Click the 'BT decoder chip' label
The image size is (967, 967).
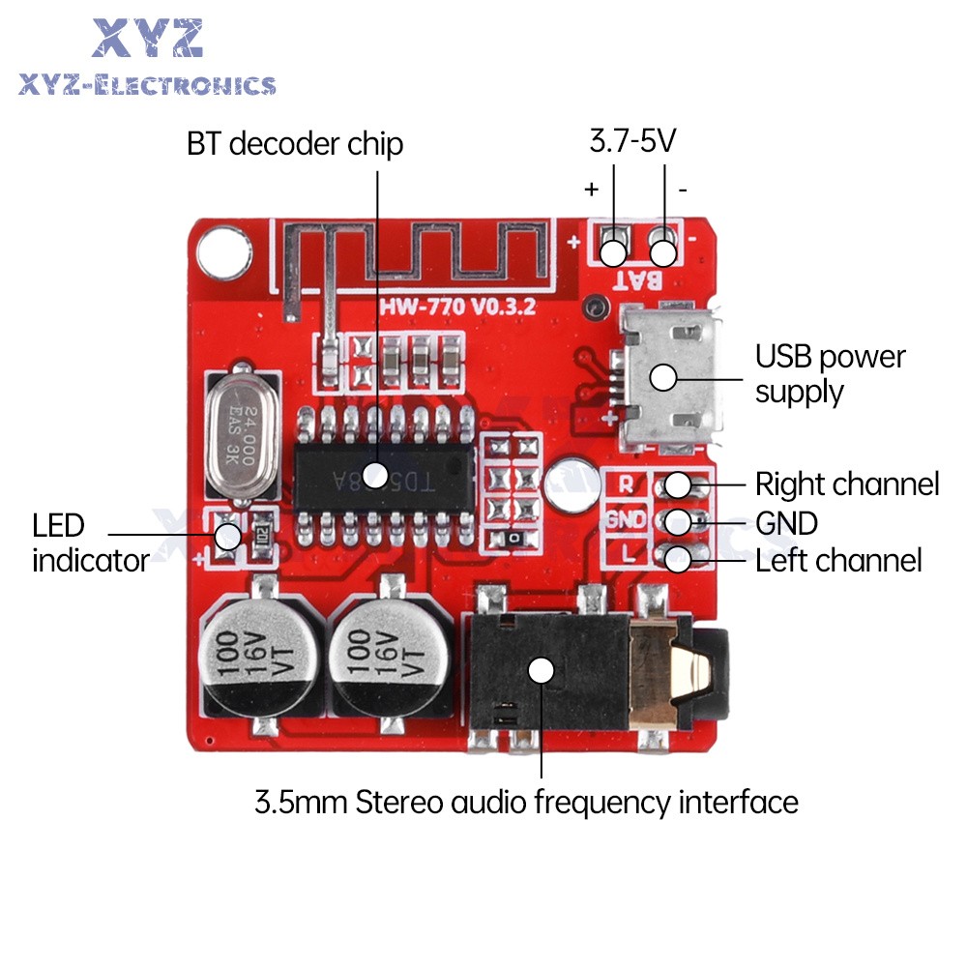pos(295,145)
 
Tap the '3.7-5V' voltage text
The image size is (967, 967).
pos(632,142)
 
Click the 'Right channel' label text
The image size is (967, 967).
pos(846,483)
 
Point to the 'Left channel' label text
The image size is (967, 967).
pos(838,560)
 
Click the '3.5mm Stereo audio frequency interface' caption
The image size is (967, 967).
pos(526,802)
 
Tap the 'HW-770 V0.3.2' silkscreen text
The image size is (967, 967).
pos(457,308)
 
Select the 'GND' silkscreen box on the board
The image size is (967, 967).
pos(627,519)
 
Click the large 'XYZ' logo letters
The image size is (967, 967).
pos(148,39)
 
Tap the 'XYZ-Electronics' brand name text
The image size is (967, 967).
pos(147,85)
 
